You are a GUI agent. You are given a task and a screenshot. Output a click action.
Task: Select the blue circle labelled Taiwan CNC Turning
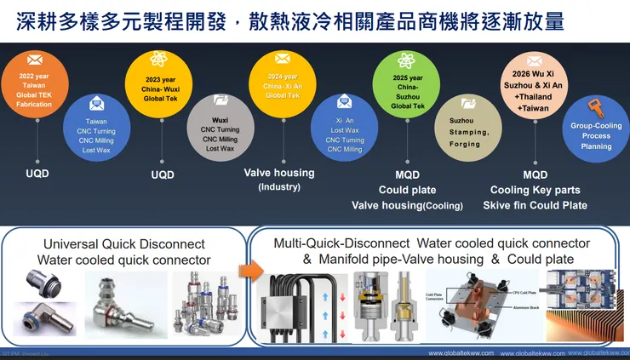pos(96,129)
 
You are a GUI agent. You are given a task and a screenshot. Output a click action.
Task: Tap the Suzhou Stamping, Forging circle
pos(468,129)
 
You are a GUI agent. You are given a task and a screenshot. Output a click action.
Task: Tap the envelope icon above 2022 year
pos(35,60)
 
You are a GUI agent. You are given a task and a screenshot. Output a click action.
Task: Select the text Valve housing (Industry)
pos(279,179)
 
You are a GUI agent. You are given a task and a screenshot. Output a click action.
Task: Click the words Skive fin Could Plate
pos(535,205)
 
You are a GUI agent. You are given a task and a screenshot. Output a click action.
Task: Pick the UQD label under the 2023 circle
pos(162,174)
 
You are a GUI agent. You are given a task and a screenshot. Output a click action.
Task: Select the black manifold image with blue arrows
pos(299,306)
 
